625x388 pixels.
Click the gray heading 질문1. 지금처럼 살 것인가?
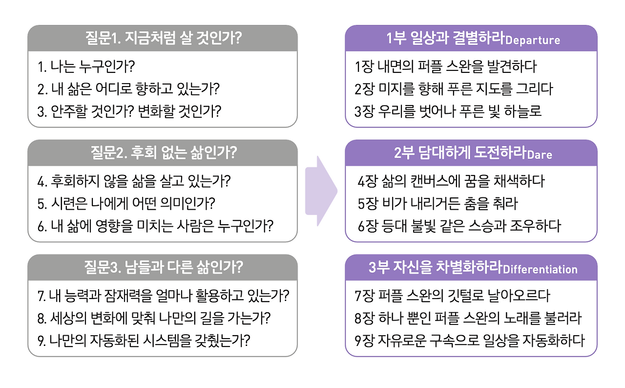(x=163, y=38)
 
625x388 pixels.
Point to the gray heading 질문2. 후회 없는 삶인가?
(x=163, y=153)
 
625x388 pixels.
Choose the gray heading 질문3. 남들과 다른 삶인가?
(x=163, y=267)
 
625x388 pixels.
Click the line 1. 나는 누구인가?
(x=85, y=66)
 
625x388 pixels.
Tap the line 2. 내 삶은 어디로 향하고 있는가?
(x=128, y=89)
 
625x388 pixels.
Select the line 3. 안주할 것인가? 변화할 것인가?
(x=129, y=111)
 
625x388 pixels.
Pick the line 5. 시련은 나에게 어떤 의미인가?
(x=126, y=203)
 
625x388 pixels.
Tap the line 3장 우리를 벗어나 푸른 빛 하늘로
(x=448, y=111)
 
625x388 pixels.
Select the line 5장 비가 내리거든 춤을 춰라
(x=437, y=203)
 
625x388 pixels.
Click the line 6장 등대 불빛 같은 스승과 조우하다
(x=459, y=226)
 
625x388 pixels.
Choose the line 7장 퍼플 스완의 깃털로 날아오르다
(x=452, y=296)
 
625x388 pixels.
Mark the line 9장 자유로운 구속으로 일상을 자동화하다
(x=469, y=340)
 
